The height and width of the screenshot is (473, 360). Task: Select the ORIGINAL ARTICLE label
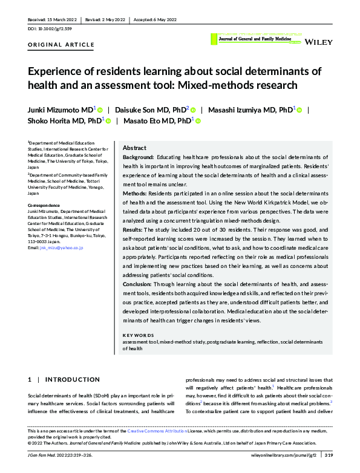point(61,45)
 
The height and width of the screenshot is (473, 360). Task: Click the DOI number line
point(51,28)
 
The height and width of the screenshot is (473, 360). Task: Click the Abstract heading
point(134,148)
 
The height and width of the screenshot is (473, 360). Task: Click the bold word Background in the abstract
point(139,157)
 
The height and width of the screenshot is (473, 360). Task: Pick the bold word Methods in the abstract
point(136,194)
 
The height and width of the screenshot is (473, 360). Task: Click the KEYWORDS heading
point(138,335)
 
